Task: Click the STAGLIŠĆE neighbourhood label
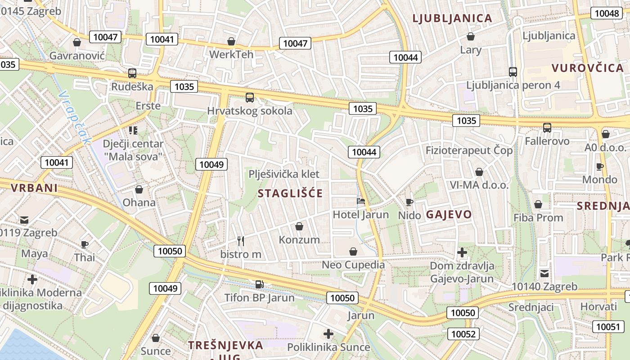tap(290, 193)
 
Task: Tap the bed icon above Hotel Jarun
tap(360, 201)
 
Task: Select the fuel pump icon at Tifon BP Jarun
tap(259, 284)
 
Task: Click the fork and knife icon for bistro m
tap(241, 241)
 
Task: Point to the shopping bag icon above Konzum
tap(299, 226)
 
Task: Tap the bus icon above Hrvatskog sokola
tap(249, 97)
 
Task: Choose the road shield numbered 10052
tap(463, 333)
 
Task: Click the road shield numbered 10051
tap(608, 327)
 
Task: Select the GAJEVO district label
tap(449, 214)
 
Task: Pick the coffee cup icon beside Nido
tap(409, 202)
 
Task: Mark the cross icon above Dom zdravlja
tap(462, 252)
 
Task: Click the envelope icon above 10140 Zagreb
tap(544, 273)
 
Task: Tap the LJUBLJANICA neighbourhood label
tap(452, 18)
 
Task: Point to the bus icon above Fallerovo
tap(547, 128)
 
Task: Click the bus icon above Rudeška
tap(132, 73)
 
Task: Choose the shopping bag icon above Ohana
tap(139, 189)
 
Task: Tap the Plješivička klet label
tap(284, 174)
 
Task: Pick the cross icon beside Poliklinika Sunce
tap(328, 334)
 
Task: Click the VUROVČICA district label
tap(588, 68)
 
